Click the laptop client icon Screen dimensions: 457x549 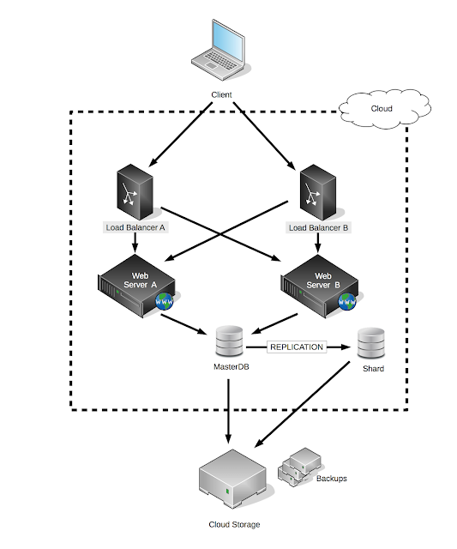tap(219, 50)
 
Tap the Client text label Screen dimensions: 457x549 tap(221, 94)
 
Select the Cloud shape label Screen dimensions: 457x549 tap(382, 109)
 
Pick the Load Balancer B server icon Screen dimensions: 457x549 tap(318, 192)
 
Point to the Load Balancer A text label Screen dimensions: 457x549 tap(135, 227)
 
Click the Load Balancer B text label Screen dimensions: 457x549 tap(318, 227)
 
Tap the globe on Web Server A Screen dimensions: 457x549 tap(165, 301)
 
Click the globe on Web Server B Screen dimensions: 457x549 tap(347, 301)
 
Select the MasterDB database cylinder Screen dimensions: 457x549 tap(229, 341)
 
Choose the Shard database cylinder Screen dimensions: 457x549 tap(371, 343)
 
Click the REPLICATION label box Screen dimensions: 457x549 tap(297, 347)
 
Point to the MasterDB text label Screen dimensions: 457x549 tap(232, 366)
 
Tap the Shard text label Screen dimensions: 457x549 tap(373, 368)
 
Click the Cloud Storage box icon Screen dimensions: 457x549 tap(232, 479)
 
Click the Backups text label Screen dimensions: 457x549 tap(331, 479)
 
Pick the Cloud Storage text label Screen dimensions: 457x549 tap(234, 524)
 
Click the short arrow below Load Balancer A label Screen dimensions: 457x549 tap(135, 243)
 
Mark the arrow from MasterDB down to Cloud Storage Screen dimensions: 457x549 tap(228, 412)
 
